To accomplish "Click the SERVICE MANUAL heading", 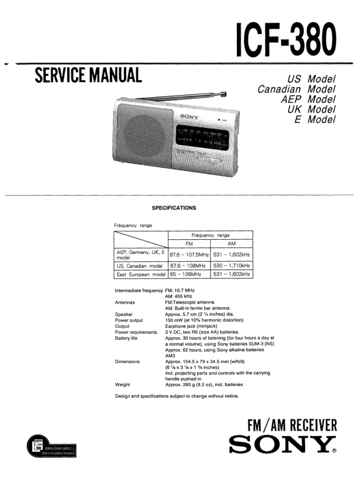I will pos(88,76).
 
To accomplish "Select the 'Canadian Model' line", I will pos(297,89).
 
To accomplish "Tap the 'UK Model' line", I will pos(312,109).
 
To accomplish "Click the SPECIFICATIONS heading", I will pos(174,208).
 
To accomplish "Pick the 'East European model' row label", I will pos(141,274).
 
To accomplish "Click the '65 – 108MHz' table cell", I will pos(186,274).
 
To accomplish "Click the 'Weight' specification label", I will pos(123,384).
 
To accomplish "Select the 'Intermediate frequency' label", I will pos(139,290).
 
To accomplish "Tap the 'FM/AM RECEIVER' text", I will pos(292,426).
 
